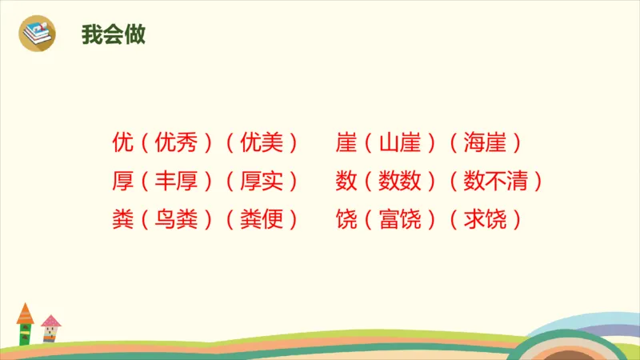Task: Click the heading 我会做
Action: coord(113,34)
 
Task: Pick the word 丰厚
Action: coord(175,182)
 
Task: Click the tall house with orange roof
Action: coord(25,323)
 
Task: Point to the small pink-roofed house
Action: coord(50,329)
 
